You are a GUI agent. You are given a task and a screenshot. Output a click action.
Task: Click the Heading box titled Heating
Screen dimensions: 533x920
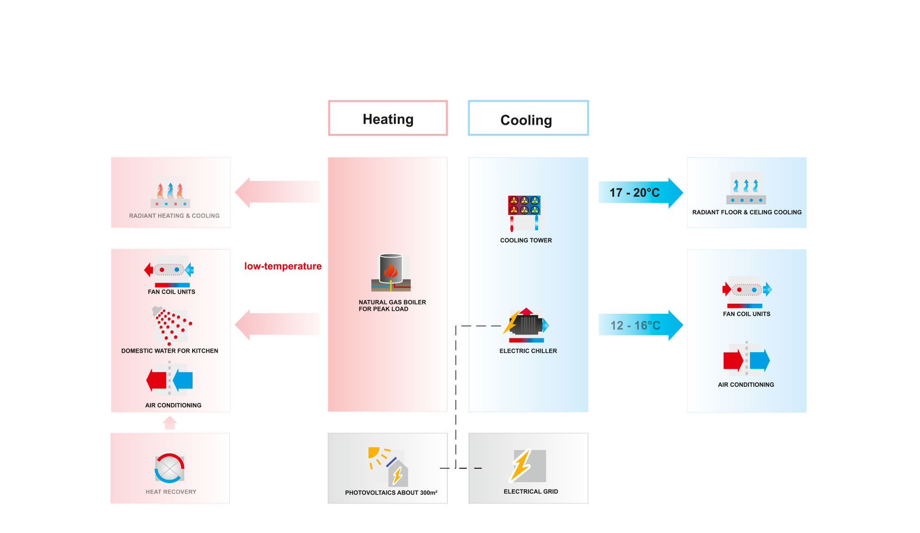388,118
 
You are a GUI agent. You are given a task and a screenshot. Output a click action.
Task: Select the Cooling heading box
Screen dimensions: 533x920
528,118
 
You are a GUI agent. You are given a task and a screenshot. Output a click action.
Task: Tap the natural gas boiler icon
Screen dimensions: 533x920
391,272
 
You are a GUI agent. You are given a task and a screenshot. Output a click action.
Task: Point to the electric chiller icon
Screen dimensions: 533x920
527,325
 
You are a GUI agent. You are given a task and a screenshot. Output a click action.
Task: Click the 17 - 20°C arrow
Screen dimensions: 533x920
640,193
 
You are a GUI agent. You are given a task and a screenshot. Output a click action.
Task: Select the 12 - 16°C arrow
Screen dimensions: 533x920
640,325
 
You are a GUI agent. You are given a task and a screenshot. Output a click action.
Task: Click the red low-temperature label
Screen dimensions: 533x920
283,266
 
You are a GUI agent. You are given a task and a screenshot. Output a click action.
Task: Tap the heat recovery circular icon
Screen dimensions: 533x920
170,468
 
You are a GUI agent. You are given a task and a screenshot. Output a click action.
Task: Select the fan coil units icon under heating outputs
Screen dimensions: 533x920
170,271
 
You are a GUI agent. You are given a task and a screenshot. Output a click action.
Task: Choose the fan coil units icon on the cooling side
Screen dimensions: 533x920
747,291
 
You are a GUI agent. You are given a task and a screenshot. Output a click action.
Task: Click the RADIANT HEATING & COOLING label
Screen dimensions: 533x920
174,216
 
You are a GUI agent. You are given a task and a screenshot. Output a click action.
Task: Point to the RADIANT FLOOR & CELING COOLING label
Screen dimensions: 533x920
747,212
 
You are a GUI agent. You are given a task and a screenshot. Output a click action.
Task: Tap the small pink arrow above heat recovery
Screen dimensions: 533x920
170,423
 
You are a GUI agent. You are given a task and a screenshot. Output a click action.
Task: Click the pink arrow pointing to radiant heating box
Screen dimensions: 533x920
276,192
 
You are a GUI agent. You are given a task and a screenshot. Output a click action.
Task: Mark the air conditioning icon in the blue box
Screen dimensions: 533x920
746,360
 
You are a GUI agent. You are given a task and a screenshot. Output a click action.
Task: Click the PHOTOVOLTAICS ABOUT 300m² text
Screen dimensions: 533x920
391,493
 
